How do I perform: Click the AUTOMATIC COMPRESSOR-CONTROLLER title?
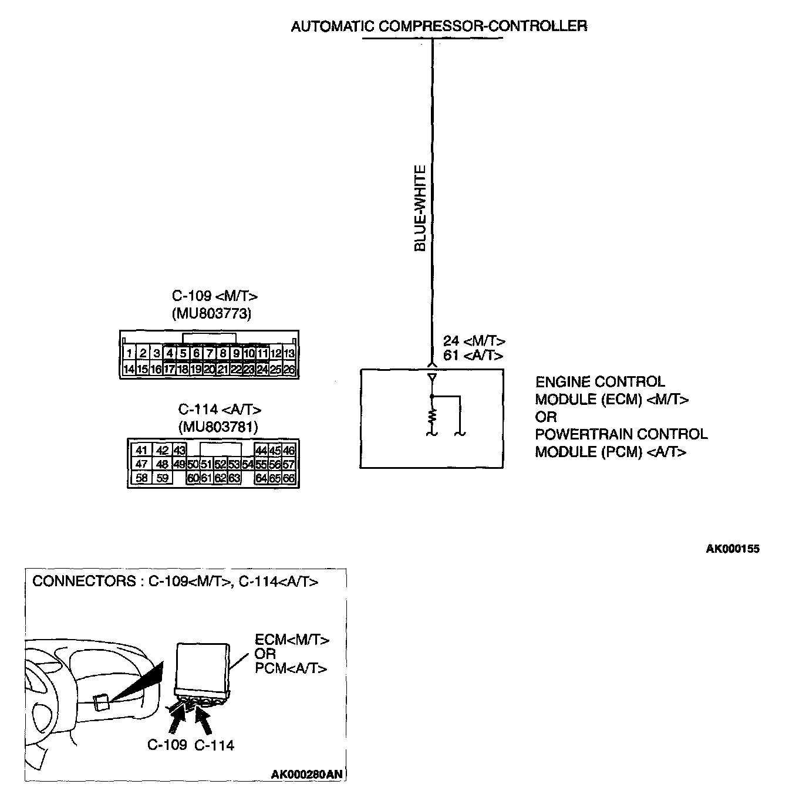tap(439, 26)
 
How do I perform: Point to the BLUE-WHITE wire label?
tap(420, 209)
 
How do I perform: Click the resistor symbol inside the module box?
tap(433, 416)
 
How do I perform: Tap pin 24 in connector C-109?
tap(262, 370)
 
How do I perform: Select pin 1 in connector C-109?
tap(129, 353)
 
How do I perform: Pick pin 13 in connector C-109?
tap(289, 353)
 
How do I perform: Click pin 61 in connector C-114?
tap(206, 478)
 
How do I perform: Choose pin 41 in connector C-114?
tap(141, 450)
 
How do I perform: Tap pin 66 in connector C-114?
tap(288, 478)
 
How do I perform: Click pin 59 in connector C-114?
tap(163, 478)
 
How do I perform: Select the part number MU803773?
tap(211, 314)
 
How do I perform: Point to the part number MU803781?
tap(218, 427)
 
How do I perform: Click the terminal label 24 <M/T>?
tap(474, 341)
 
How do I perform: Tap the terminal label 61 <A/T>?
tap(473, 356)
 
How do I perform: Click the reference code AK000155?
tap(732, 549)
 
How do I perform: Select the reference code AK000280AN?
tap(306, 775)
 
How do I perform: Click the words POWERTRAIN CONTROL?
tap(621, 434)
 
